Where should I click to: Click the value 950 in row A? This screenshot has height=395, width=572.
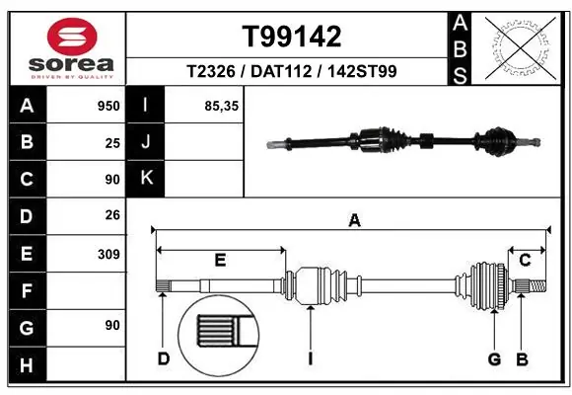(108, 104)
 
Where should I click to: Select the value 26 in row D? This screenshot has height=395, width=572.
(112, 215)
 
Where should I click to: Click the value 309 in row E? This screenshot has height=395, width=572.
(108, 254)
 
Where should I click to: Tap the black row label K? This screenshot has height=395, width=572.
(145, 179)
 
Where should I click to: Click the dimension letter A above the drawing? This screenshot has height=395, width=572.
(354, 221)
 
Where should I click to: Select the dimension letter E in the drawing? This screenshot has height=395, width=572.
(220, 260)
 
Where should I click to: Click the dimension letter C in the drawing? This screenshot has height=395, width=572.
(526, 260)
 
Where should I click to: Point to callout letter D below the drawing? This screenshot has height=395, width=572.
(164, 358)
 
